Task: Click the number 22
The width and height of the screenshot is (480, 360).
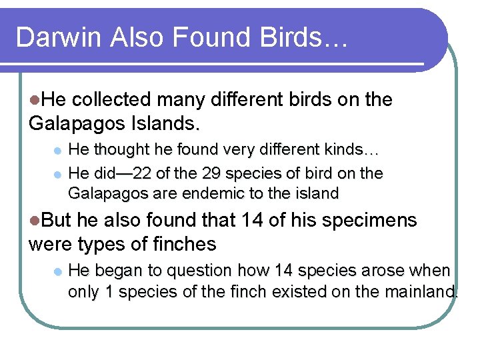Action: [x=142, y=174]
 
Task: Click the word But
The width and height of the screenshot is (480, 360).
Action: [x=55, y=220]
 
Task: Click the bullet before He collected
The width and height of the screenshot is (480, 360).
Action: [x=34, y=100]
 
